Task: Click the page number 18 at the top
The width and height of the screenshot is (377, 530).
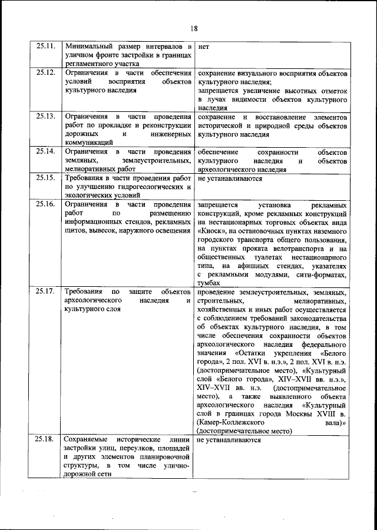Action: [194, 27]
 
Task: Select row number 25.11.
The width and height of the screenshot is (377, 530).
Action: [45, 45]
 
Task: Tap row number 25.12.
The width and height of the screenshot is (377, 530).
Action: [45, 72]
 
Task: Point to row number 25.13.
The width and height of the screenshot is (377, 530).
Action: [45, 117]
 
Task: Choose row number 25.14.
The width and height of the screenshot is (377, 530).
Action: [45, 151]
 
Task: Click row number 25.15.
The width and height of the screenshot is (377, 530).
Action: [45, 177]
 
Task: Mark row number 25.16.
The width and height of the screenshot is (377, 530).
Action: [45, 204]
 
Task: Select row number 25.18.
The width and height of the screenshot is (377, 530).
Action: [45, 439]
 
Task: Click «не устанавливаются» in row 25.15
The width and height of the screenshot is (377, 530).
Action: [229, 177]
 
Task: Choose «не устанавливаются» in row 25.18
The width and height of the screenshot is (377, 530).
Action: [229, 439]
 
